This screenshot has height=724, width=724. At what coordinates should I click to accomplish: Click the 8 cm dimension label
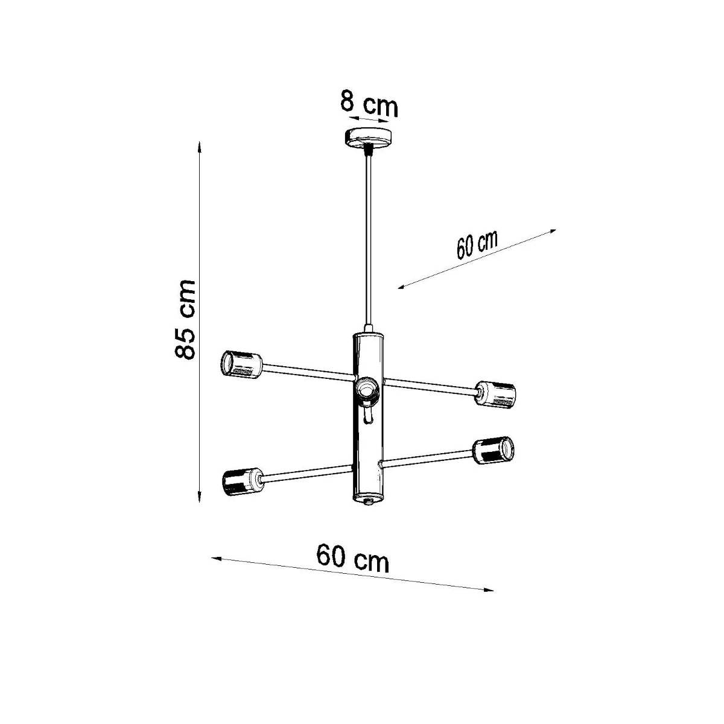(x=369, y=103)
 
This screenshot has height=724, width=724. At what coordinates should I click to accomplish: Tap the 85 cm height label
(x=185, y=319)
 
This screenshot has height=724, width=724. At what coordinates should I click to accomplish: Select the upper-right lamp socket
(x=495, y=393)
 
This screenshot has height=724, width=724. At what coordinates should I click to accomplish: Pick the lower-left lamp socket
(x=243, y=482)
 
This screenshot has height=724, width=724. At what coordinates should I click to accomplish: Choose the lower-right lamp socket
(x=494, y=450)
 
